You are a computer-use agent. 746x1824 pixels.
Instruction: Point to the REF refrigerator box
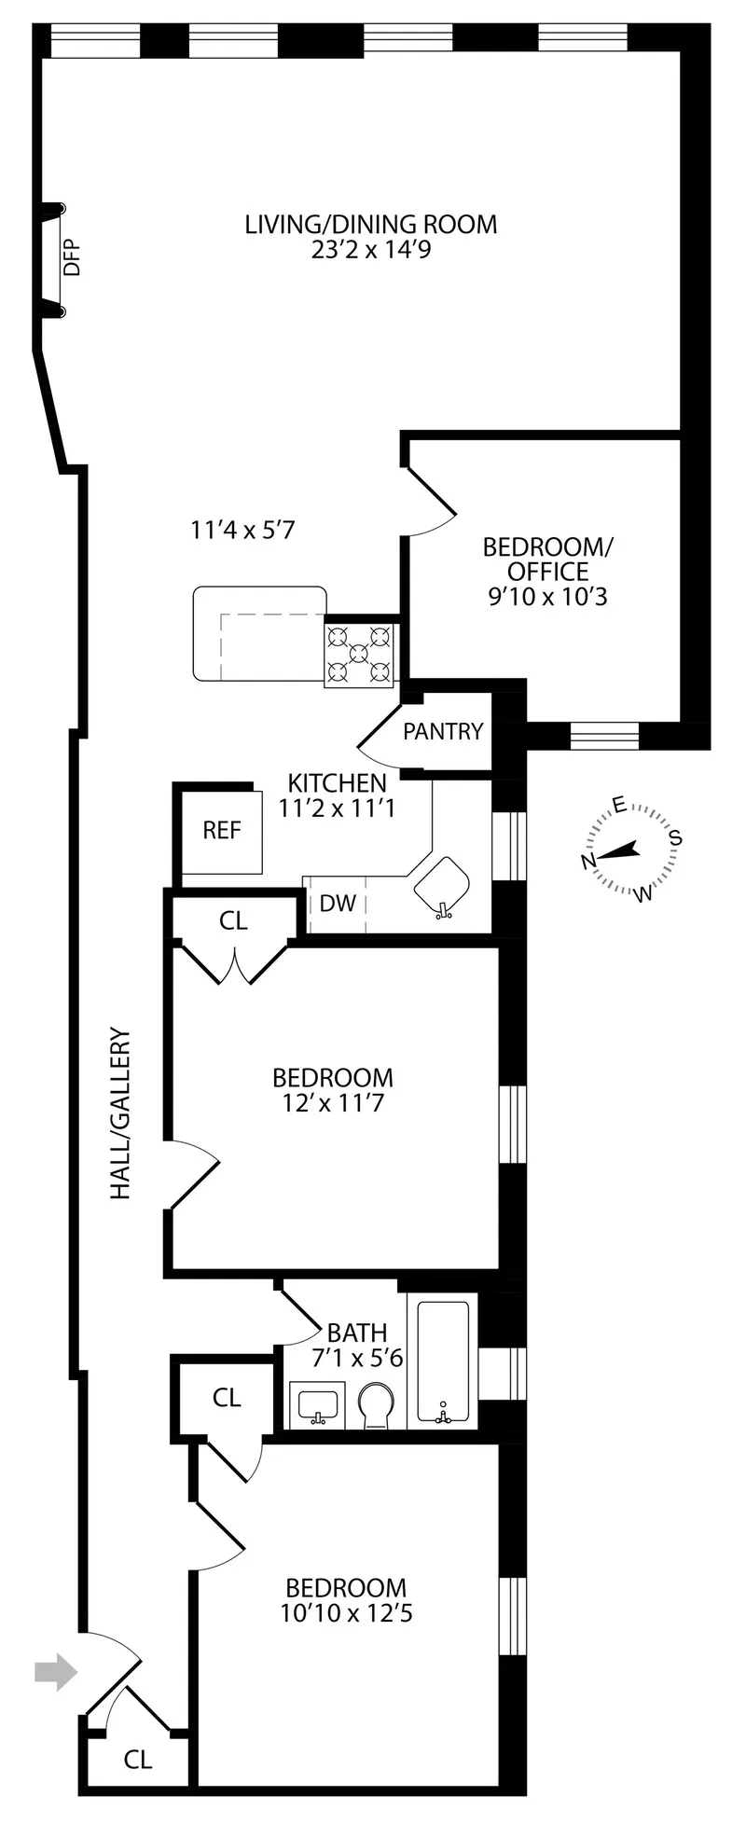click(222, 830)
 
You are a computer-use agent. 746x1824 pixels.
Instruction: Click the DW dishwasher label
click(338, 903)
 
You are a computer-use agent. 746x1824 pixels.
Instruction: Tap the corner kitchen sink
click(441, 887)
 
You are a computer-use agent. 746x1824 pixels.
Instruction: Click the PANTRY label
click(443, 732)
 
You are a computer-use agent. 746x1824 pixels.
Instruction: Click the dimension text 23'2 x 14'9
click(371, 250)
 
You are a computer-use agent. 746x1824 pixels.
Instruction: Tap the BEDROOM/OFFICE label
click(547, 571)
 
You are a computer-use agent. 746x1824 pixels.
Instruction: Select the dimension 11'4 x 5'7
click(242, 531)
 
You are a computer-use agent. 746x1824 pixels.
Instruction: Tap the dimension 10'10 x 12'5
click(346, 1612)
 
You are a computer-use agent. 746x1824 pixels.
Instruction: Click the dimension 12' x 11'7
click(333, 1104)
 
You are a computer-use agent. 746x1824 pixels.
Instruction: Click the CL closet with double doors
click(233, 921)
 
